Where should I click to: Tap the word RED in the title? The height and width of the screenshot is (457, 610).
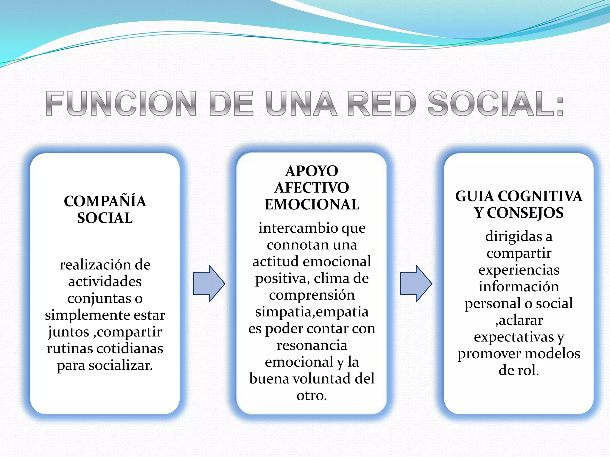pos(382,103)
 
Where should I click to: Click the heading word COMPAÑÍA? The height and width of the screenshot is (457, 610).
pos(105,201)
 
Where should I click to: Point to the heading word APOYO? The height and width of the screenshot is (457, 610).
pos(312,171)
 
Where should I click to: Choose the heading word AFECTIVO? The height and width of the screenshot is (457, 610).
pos(312,188)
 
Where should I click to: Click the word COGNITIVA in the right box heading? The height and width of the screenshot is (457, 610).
pos(540,196)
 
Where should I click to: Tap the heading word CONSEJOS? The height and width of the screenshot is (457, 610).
pos(525,213)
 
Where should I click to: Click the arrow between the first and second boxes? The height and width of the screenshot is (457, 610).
pos(209,284)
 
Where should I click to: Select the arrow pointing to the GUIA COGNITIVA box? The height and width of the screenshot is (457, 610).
pos(416,284)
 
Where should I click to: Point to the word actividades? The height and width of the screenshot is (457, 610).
pos(105,281)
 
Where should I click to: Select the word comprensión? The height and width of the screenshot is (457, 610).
pos(312,295)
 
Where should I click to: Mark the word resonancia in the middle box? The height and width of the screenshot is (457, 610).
pos(312,345)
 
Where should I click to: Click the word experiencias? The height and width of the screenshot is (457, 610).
pos(519,270)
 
